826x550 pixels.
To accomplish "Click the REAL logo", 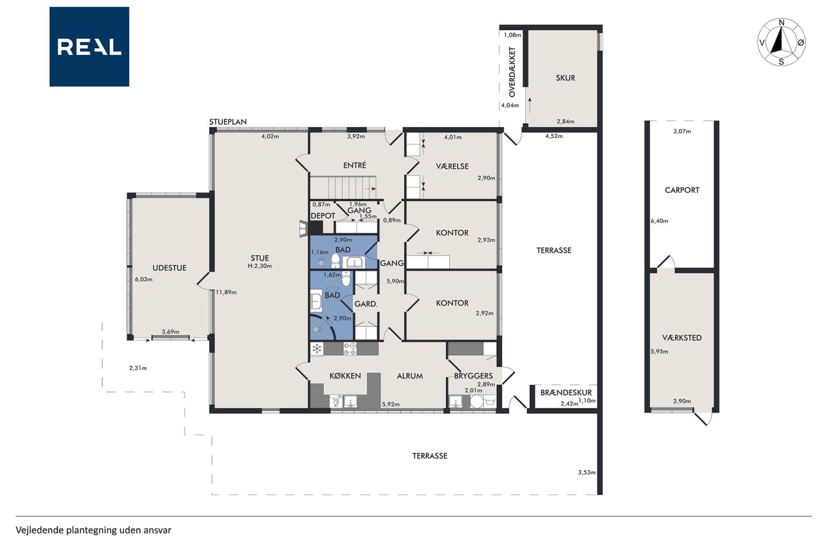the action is [x=89, y=47].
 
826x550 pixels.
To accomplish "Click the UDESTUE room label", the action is [x=169, y=268].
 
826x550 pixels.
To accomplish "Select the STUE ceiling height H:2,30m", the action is [x=260, y=266].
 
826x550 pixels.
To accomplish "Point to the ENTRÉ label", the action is [x=355, y=166].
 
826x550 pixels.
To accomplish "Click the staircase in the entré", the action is [x=343, y=188].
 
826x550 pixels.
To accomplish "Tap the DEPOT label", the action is [x=323, y=216].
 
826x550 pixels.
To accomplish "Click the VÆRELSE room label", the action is [x=452, y=166].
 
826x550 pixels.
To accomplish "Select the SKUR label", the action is [x=565, y=78].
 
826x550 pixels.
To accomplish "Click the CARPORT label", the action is [x=682, y=190].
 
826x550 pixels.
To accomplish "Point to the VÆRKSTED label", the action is [x=682, y=337].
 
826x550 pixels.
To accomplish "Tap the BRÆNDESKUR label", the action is [x=566, y=393].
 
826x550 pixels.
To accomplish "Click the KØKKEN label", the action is [x=345, y=376].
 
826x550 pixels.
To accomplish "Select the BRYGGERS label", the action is [x=474, y=376].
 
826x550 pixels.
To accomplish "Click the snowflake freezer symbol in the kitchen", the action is [x=316, y=348].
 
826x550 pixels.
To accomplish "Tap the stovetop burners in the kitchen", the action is [x=350, y=348].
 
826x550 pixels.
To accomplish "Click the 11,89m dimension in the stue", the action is [x=226, y=292].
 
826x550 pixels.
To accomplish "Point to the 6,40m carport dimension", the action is [x=660, y=221].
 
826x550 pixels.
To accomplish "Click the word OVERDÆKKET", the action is [x=512, y=72].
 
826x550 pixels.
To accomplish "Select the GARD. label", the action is [x=366, y=304].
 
